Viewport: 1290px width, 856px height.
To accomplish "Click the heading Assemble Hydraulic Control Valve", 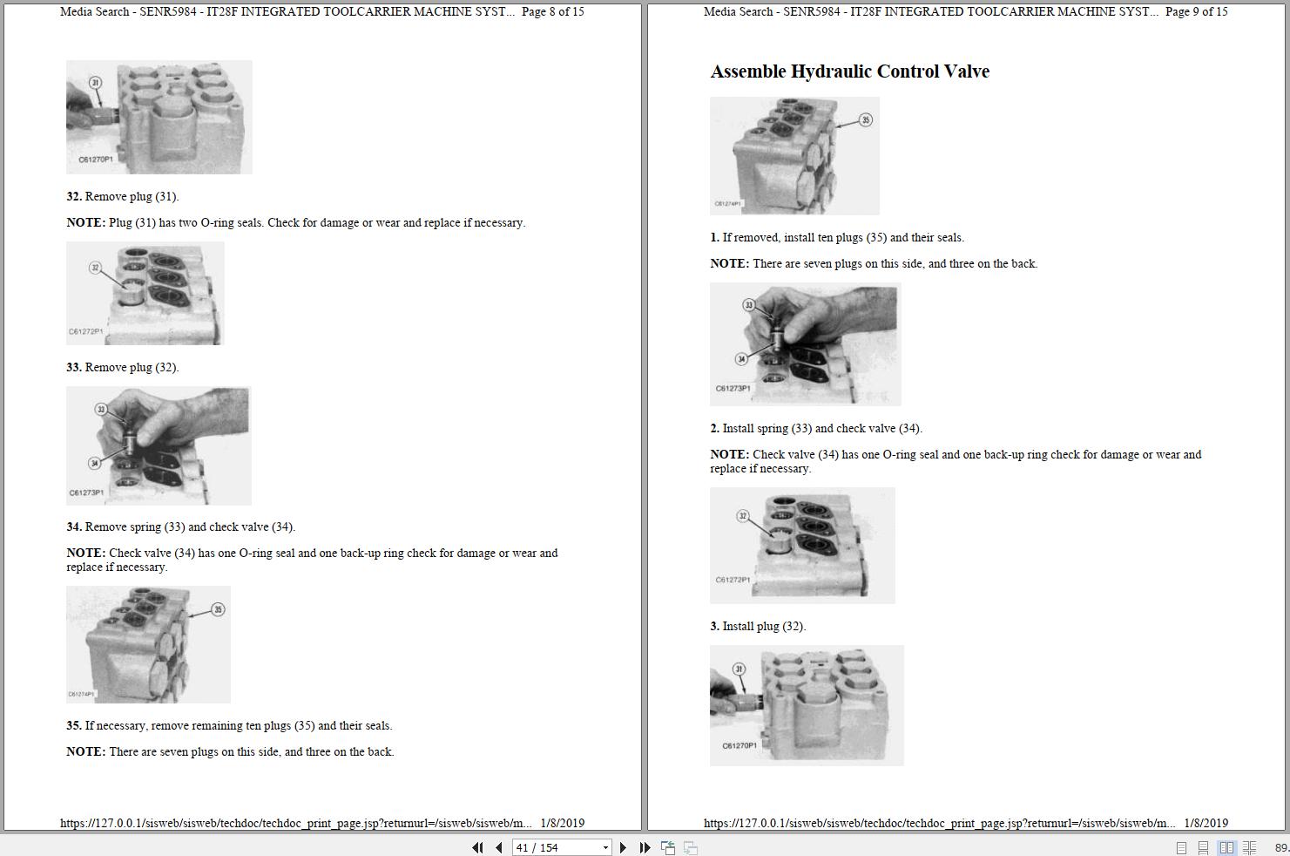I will tap(849, 71).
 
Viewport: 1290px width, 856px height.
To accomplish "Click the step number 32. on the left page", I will tap(74, 197).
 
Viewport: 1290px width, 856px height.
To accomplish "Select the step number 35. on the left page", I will tap(74, 726).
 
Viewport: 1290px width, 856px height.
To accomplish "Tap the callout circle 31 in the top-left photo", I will tap(95, 83).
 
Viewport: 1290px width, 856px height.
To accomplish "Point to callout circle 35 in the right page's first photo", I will tap(865, 119).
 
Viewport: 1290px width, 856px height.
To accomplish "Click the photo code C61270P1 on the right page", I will tap(740, 746).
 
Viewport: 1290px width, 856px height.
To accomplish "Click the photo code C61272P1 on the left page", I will tap(86, 332).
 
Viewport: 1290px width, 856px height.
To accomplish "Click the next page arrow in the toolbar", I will tap(623, 847).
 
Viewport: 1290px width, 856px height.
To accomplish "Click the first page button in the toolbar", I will tap(477, 847).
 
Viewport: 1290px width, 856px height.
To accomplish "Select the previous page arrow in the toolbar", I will tap(498, 847).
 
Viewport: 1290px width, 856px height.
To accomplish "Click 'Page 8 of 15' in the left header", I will tap(553, 12).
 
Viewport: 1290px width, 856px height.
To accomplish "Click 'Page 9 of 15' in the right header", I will tap(1196, 12).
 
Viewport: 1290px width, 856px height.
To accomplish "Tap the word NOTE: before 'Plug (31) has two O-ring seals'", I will tap(85, 223).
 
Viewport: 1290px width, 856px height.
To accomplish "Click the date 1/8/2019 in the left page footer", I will tap(562, 823).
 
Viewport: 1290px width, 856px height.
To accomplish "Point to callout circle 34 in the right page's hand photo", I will tap(741, 359).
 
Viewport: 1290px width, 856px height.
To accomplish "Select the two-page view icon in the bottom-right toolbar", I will tap(1226, 847).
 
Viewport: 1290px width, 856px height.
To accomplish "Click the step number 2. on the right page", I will tap(714, 429).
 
